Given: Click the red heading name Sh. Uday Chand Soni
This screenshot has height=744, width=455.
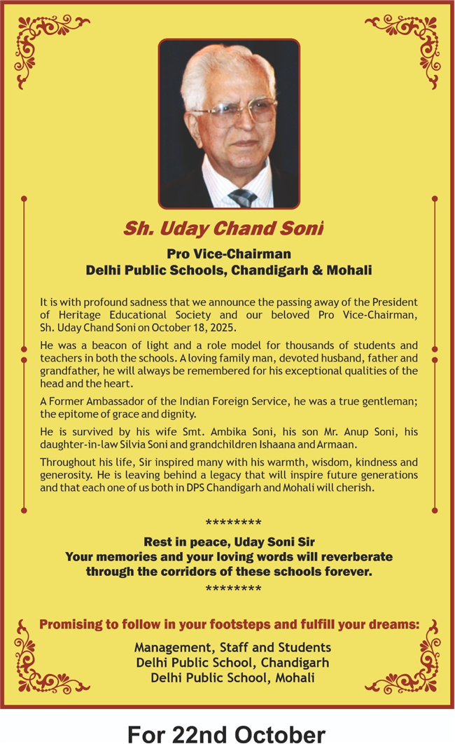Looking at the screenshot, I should (x=223, y=228).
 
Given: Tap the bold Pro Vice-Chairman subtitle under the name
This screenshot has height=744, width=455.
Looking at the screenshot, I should (x=229, y=254).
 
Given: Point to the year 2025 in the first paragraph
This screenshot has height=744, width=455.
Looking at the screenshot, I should (x=222, y=328).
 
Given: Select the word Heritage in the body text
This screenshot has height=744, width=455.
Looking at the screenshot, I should (x=76, y=315).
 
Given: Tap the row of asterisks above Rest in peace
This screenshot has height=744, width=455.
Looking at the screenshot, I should (x=233, y=523).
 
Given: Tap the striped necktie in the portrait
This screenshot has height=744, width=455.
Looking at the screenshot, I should (x=244, y=197).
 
